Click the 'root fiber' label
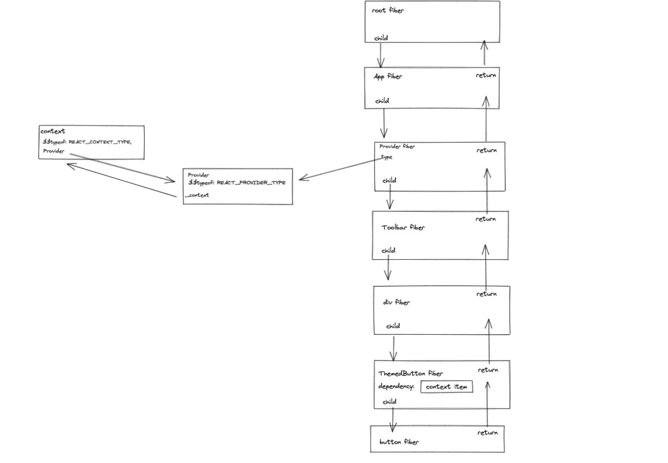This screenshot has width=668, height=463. (x=388, y=10)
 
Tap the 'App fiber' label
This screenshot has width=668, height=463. (x=388, y=77)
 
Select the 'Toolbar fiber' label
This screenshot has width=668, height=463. (x=403, y=227)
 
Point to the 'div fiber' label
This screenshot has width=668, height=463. (x=396, y=302)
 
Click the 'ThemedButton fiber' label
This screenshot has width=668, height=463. (x=411, y=373)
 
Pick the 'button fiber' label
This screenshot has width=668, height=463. (x=399, y=442)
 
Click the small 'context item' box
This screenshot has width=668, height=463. (x=446, y=387)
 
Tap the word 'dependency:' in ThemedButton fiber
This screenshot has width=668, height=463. (x=396, y=386)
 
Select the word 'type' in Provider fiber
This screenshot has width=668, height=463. (x=387, y=157)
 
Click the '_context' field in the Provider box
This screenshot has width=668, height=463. (x=197, y=195)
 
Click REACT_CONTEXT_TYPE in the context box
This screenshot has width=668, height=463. (x=99, y=142)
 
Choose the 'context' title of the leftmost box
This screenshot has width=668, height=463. (x=53, y=132)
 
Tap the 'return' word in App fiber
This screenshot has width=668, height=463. (x=486, y=75)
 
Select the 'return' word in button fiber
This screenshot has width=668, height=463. (x=487, y=433)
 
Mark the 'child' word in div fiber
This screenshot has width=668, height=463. (x=393, y=326)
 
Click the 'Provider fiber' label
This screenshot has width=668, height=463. (x=397, y=146)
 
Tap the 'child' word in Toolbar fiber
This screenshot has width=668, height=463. (x=388, y=250)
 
